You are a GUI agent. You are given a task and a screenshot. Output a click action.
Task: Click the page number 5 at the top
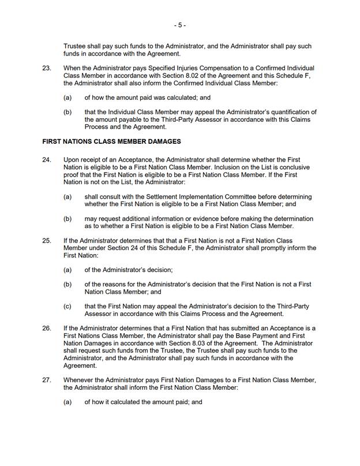pyautogui.click(x=180, y=25)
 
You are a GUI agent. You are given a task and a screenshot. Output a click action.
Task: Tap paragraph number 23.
pyautogui.click(x=47, y=68)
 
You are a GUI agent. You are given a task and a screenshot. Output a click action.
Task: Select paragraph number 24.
pyautogui.click(x=47, y=159)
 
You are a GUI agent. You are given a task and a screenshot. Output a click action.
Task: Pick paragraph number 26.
pyautogui.click(x=47, y=328)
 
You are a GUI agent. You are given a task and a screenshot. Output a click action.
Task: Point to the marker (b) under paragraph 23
pyautogui.click(x=67, y=111)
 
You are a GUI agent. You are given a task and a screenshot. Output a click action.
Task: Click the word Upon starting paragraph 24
pyautogui.click(x=72, y=159)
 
